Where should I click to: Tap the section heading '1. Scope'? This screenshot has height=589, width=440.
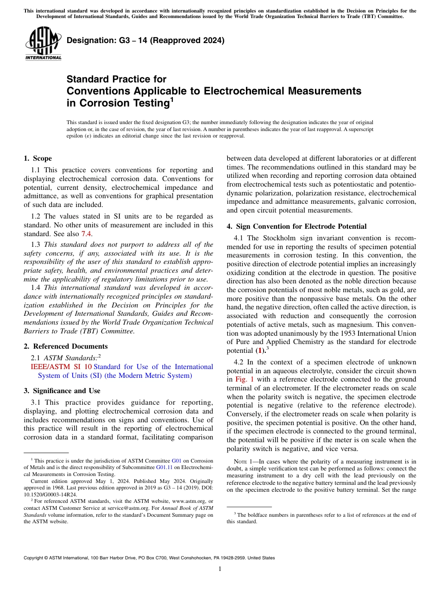38,158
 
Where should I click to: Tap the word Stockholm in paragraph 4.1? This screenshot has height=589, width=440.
278,238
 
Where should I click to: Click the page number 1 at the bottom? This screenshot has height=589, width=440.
220,569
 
